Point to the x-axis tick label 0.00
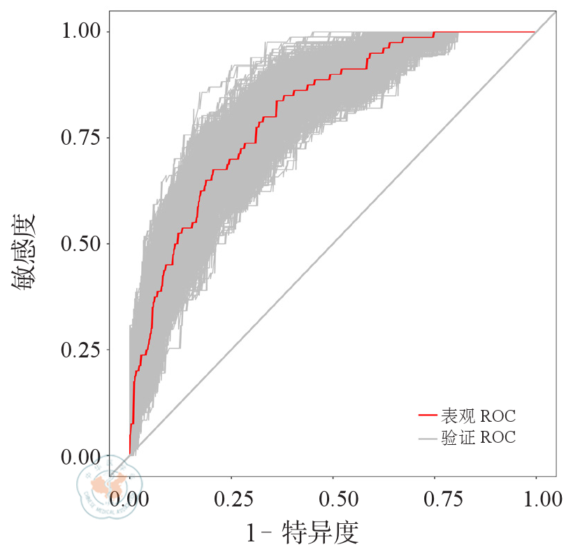pyautogui.click(x=130, y=499)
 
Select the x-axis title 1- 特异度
pyautogui.click(x=303, y=534)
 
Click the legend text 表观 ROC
pyautogui.click(x=478, y=417)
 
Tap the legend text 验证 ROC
pyautogui.click(x=478, y=439)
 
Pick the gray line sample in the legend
pyautogui.click(x=428, y=439)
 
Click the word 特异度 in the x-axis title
pyautogui.click(x=320, y=534)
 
